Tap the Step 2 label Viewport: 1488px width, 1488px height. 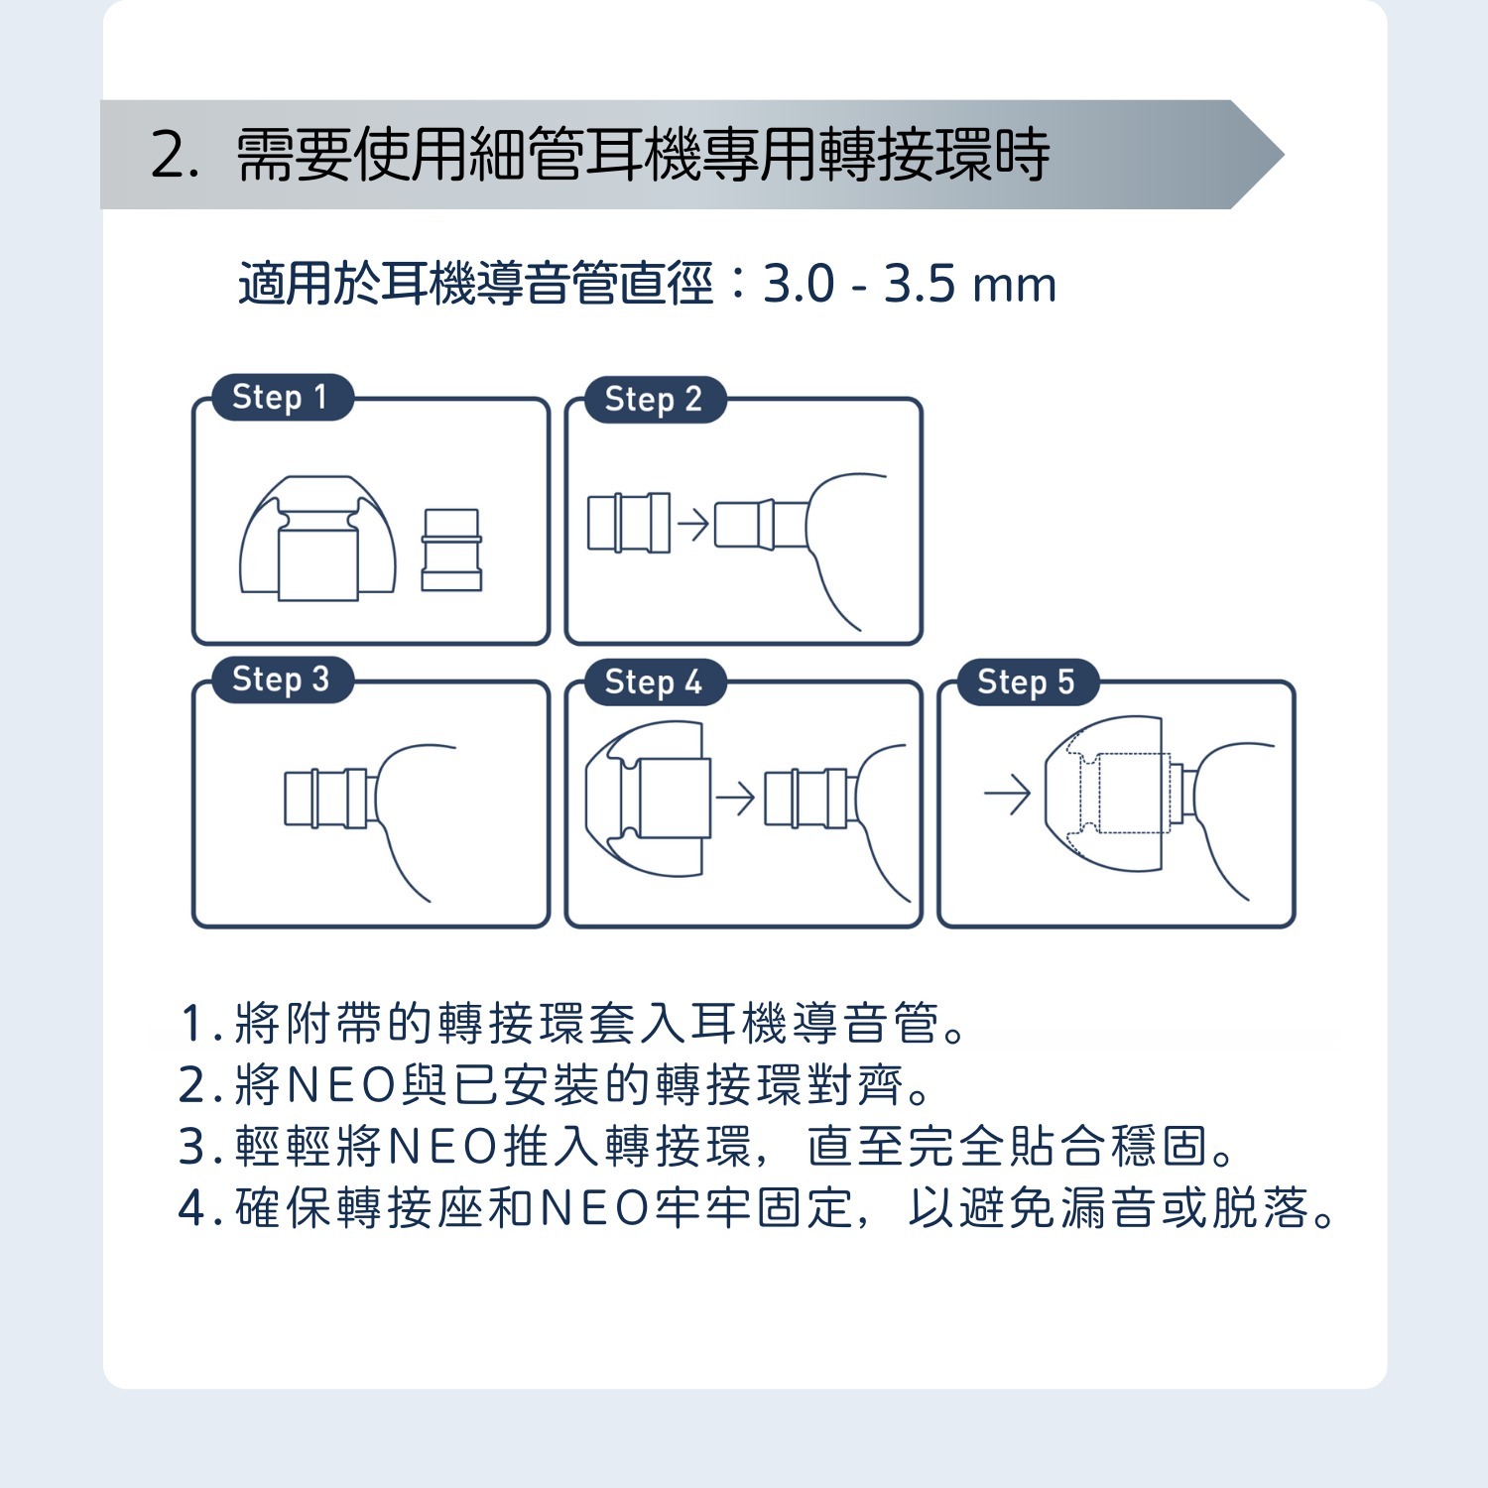point(655,399)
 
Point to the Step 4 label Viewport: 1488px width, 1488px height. point(655,682)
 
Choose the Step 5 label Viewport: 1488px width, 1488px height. point(1027,682)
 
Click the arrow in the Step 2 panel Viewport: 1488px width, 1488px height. point(693,523)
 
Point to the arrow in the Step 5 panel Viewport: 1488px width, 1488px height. point(1008,794)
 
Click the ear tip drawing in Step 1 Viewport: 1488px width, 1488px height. point(317,538)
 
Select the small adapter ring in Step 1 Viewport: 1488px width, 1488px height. point(451,550)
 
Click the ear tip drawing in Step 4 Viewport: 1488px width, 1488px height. point(649,799)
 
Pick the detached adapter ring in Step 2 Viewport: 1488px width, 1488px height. point(629,522)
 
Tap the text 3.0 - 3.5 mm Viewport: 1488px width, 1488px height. point(910,285)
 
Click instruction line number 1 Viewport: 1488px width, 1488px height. point(573,1023)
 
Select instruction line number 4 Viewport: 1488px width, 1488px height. point(758,1208)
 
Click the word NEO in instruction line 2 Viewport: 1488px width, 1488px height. point(341,1085)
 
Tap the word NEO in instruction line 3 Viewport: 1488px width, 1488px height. point(442,1147)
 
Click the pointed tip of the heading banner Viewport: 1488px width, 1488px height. point(1284,155)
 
